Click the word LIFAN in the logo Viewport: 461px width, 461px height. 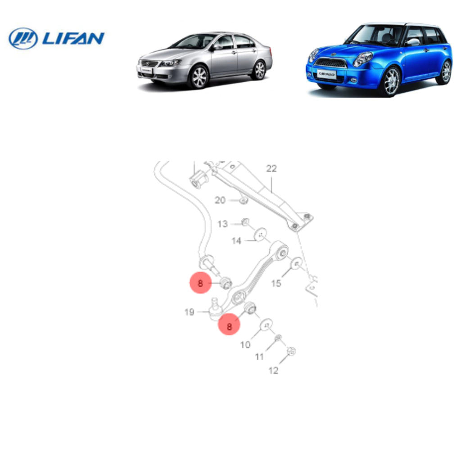[x=73, y=39]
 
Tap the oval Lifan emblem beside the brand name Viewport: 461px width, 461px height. [x=23, y=39]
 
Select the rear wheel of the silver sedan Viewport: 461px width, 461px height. [x=259, y=70]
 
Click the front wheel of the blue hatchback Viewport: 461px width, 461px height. [x=391, y=81]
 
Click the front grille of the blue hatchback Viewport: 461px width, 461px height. [x=331, y=62]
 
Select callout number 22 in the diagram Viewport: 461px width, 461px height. [x=271, y=168]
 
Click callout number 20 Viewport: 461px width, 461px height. [x=220, y=200]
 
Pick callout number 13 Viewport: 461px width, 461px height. [x=222, y=224]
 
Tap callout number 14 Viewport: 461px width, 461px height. [x=236, y=241]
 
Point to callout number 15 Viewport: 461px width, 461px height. [x=276, y=283]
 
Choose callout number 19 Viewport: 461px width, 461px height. [x=190, y=312]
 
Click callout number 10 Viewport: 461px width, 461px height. [x=245, y=344]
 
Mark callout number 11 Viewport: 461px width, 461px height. [x=259, y=357]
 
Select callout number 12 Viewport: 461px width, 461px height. [x=273, y=371]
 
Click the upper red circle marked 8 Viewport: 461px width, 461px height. [x=200, y=283]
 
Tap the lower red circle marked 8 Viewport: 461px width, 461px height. [x=229, y=325]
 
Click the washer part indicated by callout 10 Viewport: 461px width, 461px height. [x=267, y=325]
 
